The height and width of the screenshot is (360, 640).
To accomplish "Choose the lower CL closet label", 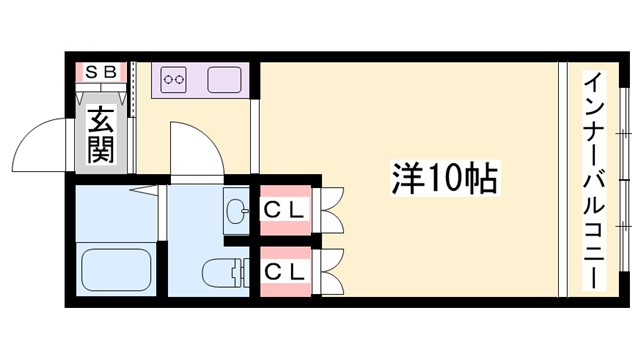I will coord(285,270).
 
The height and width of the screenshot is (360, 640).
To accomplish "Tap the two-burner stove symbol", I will coord(174,77).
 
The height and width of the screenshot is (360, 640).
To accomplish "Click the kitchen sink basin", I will coord(225,77).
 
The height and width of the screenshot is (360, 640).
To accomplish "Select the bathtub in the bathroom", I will coord(115,269).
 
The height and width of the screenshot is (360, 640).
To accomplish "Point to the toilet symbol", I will coord(223,272).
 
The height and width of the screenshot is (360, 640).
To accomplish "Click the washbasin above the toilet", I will coord(237,211).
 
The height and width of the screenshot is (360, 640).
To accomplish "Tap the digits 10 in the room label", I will coord(446,179).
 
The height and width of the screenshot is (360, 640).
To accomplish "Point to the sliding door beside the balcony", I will coord(563,179).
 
